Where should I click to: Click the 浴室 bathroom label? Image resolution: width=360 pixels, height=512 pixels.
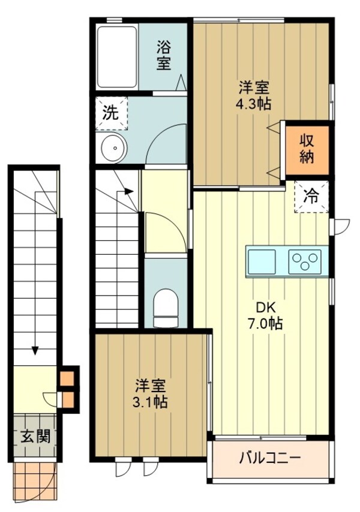[x=164, y=55]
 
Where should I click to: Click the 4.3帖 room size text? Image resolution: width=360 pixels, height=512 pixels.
[x=252, y=103]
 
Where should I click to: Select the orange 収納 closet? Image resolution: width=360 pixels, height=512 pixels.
[x=307, y=149]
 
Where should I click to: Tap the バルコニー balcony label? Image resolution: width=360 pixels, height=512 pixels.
[x=269, y=459]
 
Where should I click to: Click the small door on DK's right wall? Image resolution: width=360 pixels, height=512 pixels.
[x=341, y=226]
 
